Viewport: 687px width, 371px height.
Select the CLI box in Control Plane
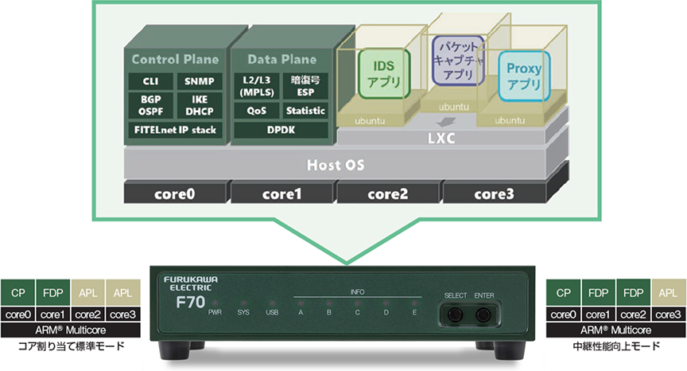151,81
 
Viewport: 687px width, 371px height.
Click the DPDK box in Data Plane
279,129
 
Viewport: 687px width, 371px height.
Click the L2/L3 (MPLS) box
257,86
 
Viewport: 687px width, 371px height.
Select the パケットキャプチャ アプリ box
457,60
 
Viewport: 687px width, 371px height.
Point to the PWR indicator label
215,313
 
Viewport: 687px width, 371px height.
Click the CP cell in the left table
17,292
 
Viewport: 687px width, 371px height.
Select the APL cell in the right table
668,292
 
